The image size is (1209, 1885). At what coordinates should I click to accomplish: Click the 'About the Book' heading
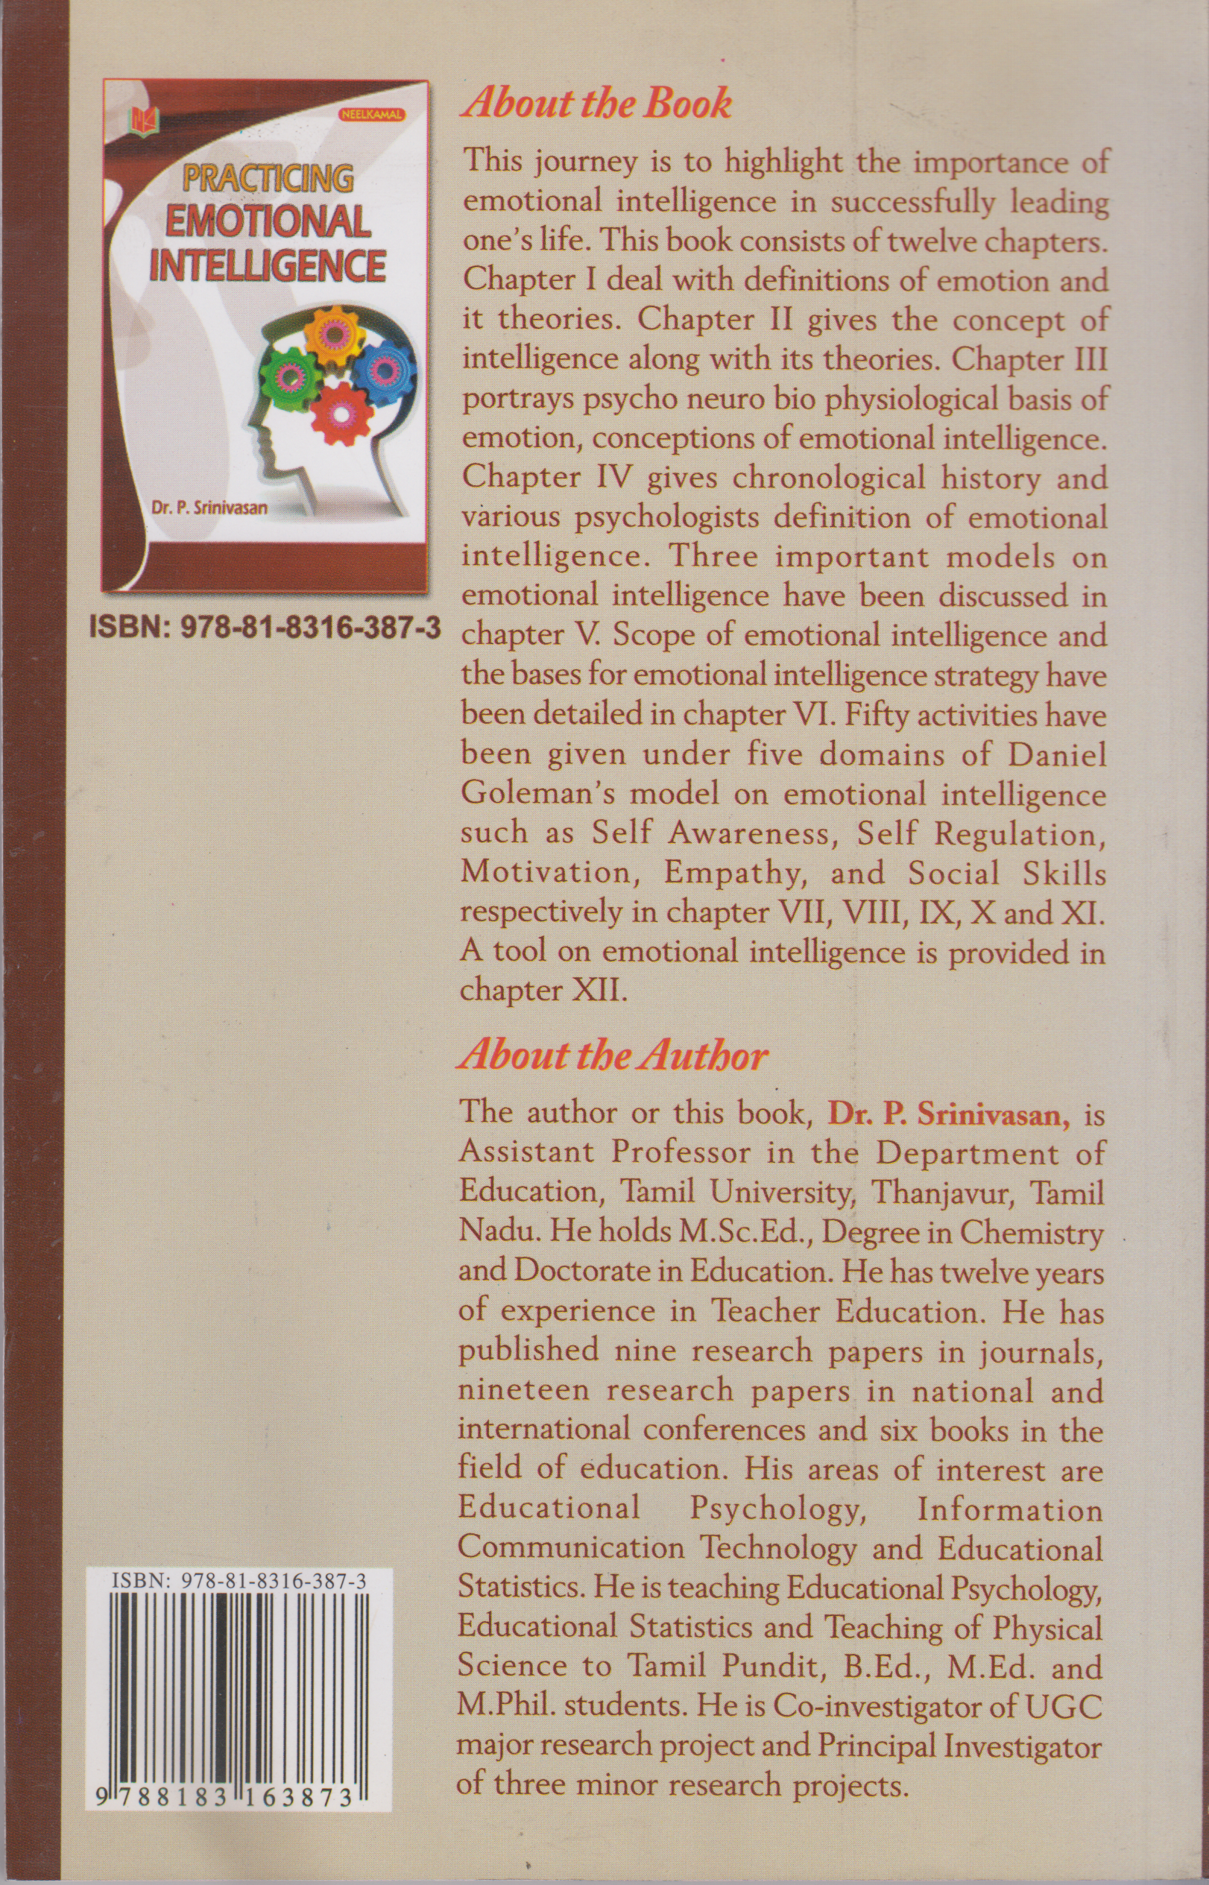tap(596, 104)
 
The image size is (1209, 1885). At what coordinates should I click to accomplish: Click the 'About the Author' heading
tap(613, 1056)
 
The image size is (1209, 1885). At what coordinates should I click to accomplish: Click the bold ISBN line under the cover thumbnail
tap(265, 628)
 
